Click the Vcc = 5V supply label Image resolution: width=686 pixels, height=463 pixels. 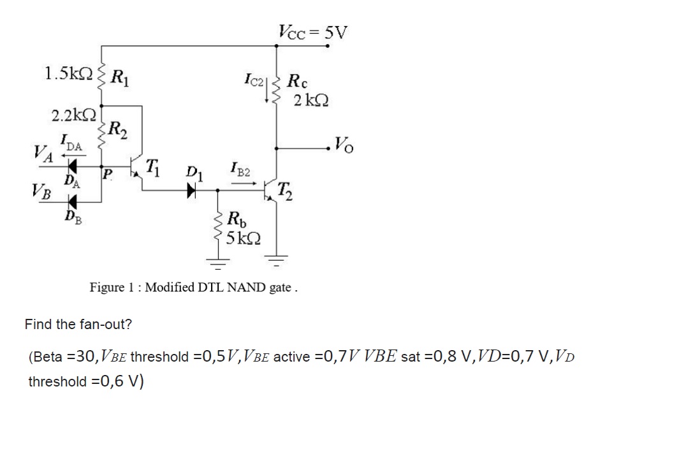313,31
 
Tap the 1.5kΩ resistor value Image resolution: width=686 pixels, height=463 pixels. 68,73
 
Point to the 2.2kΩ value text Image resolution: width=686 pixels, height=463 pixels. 74,115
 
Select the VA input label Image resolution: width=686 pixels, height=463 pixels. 43,154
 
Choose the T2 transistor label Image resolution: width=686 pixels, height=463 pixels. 286,189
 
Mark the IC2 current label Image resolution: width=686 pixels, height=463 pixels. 254,81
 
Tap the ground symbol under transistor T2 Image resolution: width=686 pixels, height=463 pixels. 275,260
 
